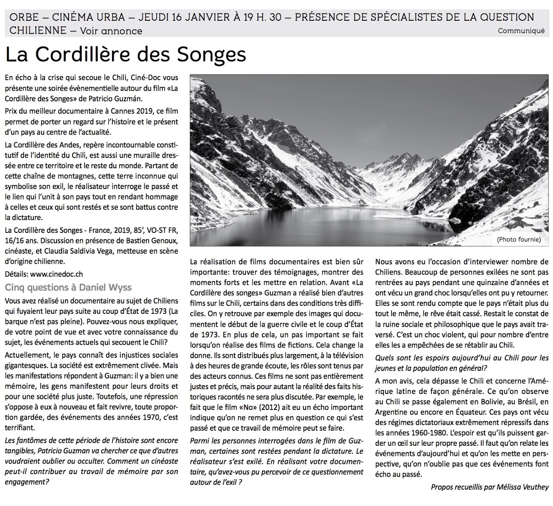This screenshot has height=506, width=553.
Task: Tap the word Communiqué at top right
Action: point(521,31)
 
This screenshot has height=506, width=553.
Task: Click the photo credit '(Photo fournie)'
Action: point(518,239)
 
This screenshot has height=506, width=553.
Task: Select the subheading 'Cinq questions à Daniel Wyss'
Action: point(68,287)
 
